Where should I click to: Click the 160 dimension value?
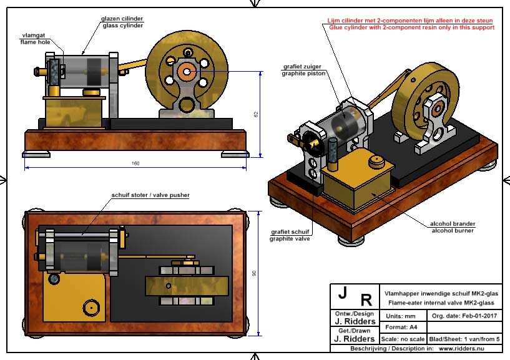[135, 163]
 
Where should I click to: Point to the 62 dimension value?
[256, 114]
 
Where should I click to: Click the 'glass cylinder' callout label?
[122, 26]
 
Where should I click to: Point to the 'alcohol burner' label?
[453, 230]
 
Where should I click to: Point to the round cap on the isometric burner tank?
[376, 163]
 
